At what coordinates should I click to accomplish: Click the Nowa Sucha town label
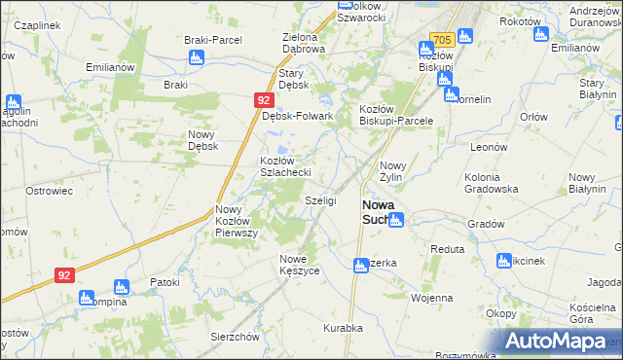(x=375, y=212)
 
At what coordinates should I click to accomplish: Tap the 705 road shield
(x=441, y=40)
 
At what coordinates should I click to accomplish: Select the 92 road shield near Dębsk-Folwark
(x=264, y=100)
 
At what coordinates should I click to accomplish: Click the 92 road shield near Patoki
(x=64, y=275)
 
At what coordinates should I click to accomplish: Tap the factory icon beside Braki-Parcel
(x=198, y=57)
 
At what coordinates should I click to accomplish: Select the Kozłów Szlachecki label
(x=284, y=165)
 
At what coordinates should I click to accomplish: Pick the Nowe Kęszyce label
(x=300, y=264)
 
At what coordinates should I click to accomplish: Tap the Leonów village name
(x=490, y=146)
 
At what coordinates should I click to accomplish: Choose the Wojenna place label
(x=432, y=298)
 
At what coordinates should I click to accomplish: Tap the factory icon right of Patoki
(x=122, y=287)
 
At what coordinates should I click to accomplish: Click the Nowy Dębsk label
(x=202, y=140)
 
